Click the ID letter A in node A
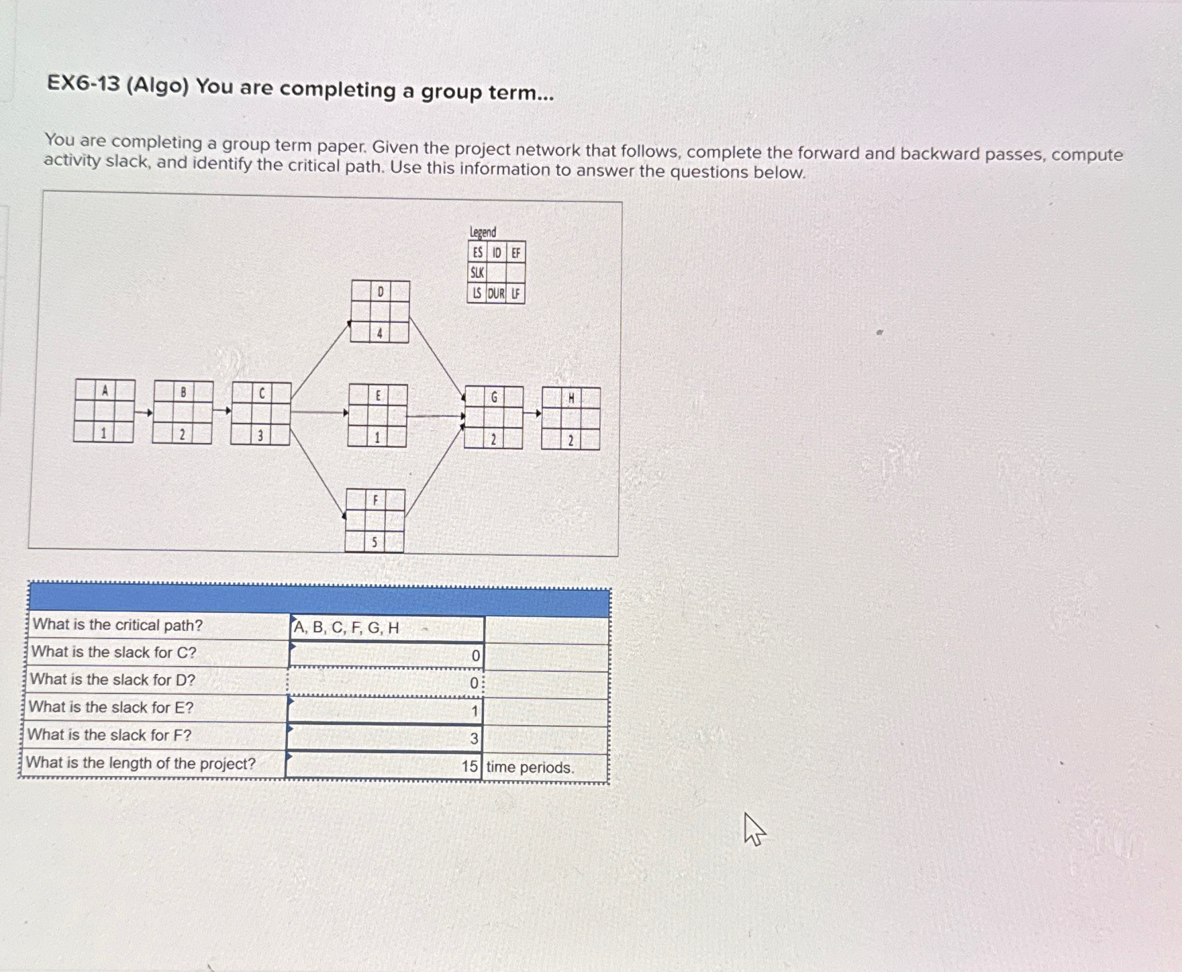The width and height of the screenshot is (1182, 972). (104, 390)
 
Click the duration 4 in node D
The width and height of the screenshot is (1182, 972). (379, 333)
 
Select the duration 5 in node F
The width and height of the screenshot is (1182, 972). (375, 542)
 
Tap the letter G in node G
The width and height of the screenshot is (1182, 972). (494, 397)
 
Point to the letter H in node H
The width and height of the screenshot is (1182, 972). (571, 399)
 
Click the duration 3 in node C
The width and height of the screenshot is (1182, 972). (260, 436)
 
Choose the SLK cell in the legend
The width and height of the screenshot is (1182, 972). (477, 273)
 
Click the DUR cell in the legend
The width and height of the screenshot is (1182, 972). (496, 293)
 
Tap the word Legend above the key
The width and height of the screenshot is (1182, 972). (483, 232)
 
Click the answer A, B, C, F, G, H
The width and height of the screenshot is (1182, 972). (346, 628)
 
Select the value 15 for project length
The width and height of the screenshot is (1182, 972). (470, 767)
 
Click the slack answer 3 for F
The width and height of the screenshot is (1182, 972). (474, 739)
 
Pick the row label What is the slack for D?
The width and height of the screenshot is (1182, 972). (113, 679)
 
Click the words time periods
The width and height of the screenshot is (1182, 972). (530, 767)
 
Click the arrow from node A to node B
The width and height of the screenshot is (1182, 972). (144, 413)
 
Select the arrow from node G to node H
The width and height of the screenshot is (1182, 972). (532, 414)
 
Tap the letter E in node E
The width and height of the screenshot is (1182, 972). (378, 396)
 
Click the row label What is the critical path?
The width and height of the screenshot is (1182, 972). (117, 625)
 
